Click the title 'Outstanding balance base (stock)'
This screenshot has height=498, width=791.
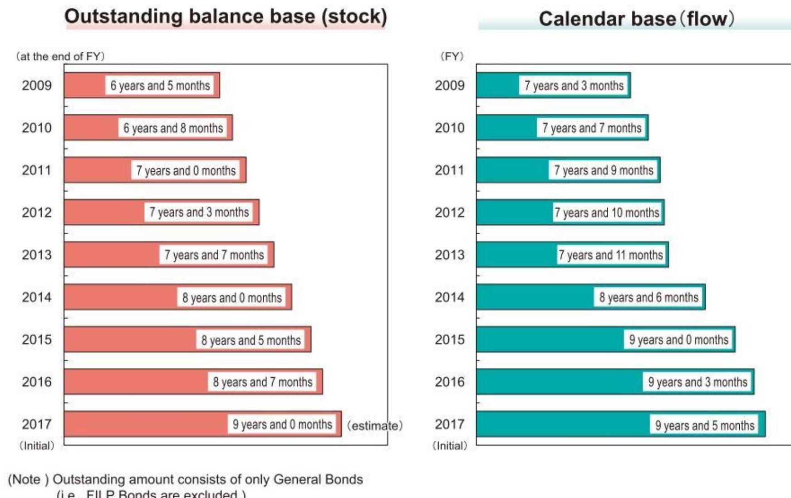(x=226, y=17)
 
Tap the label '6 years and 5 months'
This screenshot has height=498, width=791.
(x=160, y=85)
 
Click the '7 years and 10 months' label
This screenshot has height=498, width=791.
(x=606, y=212)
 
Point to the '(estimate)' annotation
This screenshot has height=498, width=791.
(x=374, y=426)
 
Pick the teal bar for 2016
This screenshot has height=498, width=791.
(x=558, y=382)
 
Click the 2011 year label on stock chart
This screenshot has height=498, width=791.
(x=37, y=170)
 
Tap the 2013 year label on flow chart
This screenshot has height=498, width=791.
(x=449, y=255)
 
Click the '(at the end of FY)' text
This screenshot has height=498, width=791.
(x=60, y=57)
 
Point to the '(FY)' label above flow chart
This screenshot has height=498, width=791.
(x=452, y=57)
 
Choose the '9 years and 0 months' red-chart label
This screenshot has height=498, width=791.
(x=282, y=424)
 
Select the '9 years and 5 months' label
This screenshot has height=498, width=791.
(x=704, y=425)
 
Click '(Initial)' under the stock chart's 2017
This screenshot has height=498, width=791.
(x=37, y=446)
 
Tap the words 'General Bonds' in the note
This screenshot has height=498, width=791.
(x=318, y=479)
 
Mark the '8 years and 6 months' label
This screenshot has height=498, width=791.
(x=649, y=297)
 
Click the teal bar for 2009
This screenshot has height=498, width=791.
(x=497, y=85)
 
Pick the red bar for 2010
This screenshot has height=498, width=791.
(x=91, y=128)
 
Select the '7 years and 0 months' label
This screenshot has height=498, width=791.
(x=186, y=171)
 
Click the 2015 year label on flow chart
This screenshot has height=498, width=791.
(x=449, y=340)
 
